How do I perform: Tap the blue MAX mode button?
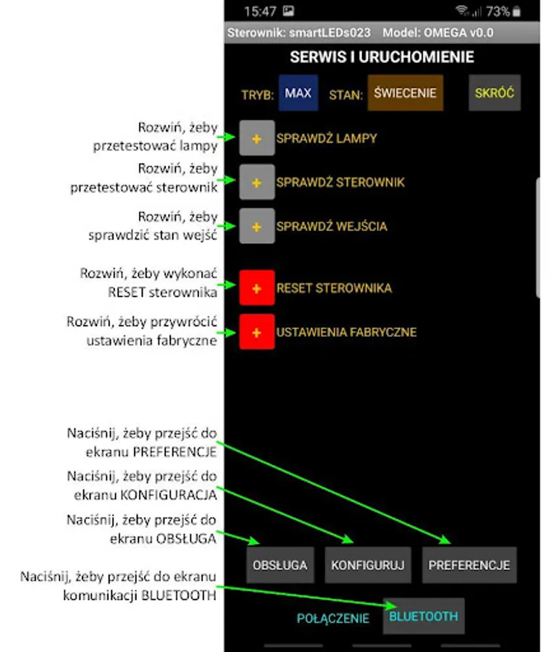[298, 93]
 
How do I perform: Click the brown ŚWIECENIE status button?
[405, 93]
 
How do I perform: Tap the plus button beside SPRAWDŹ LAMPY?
[256, 138]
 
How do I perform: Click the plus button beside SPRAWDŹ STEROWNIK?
[256, 183]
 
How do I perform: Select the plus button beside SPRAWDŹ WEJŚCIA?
[256, 227]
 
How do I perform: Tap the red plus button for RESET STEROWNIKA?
[256, 288]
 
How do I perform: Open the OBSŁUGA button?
[279, 565]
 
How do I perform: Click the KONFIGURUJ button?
[367, 565]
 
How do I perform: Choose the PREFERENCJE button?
[468, 565]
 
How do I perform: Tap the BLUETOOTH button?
[424, 617]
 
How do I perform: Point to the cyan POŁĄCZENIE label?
[332, 619]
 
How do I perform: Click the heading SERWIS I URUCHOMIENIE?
[382, 57]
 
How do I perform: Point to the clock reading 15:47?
[260, 11]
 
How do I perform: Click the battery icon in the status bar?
[516, 12]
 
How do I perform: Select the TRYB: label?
[257, 95]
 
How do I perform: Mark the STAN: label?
[345, 95]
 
